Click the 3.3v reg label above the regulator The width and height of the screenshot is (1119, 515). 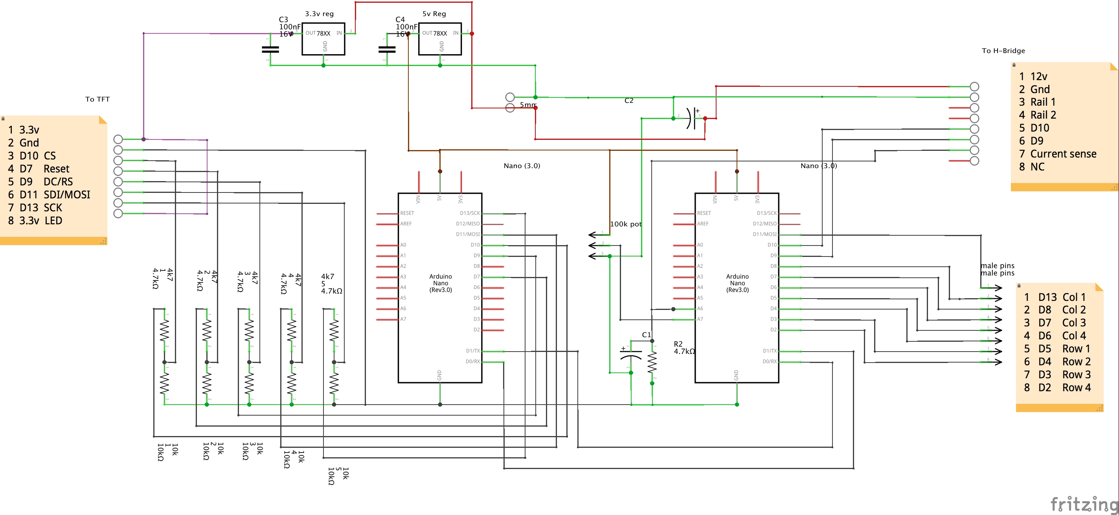click(x=319, y=13)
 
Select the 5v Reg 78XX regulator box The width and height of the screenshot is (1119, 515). click(x=439, y=38)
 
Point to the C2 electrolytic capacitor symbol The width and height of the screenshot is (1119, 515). click(x=691, y=118)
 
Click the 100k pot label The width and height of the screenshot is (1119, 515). click(x=625, y=224)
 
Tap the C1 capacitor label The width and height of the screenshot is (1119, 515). click(x=647, y=334)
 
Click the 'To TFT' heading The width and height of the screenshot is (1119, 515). click(x=97, y=99)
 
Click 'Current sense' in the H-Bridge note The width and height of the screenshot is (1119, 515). click(x=1062, y=154)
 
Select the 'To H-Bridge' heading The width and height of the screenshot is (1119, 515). click(x=1003, y=51)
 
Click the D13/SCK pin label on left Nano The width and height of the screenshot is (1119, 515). click(x=470, y=213)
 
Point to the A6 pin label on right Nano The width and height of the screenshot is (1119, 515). click(x=700, y=308)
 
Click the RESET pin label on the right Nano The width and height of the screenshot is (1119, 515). click(x=704, y=213)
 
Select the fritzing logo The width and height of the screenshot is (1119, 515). click(x=1083, y=504)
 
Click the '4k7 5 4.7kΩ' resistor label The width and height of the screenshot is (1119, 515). click(x=331, y=284)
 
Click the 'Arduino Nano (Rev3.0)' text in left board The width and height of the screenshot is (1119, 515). click(x=441, y=283)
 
